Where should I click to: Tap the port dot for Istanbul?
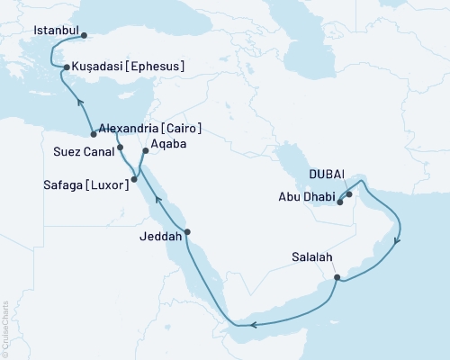(x=84, y=37)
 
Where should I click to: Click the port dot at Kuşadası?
(x=64, y=67)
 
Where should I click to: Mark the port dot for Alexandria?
(x=93, y=134)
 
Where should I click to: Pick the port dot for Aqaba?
(x=144, y=150)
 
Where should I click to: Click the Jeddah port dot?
(x=188, y=232)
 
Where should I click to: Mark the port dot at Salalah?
(x=337, y=277)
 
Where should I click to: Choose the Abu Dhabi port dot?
(x=340, y=202)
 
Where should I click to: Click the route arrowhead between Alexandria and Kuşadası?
(x=78, y=101)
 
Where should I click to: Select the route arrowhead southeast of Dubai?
(x=398, y=239)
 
